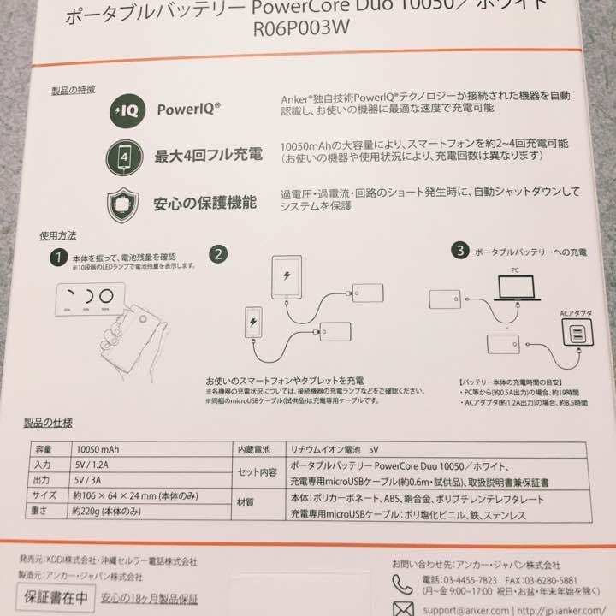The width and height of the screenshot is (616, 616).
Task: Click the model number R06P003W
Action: click(x=308, y=32)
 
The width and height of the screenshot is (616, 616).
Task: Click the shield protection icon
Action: click(x=123, y=205)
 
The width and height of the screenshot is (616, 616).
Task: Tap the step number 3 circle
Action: click(x=461, y=251)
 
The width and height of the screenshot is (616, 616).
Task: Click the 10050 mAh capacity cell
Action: click(x=100, y=447)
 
